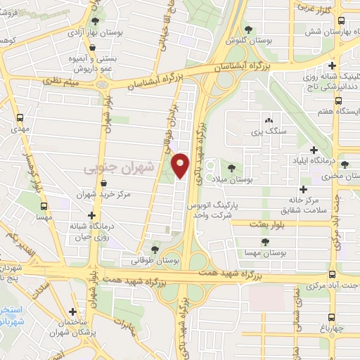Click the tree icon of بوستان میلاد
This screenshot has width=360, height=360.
click(x=231, y=169)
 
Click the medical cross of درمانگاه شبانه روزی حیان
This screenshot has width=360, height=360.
click(x=91, y=215)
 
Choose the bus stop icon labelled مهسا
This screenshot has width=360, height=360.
click(x=44, y=207)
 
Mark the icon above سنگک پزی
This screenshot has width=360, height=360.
click(x=267, y=120)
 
